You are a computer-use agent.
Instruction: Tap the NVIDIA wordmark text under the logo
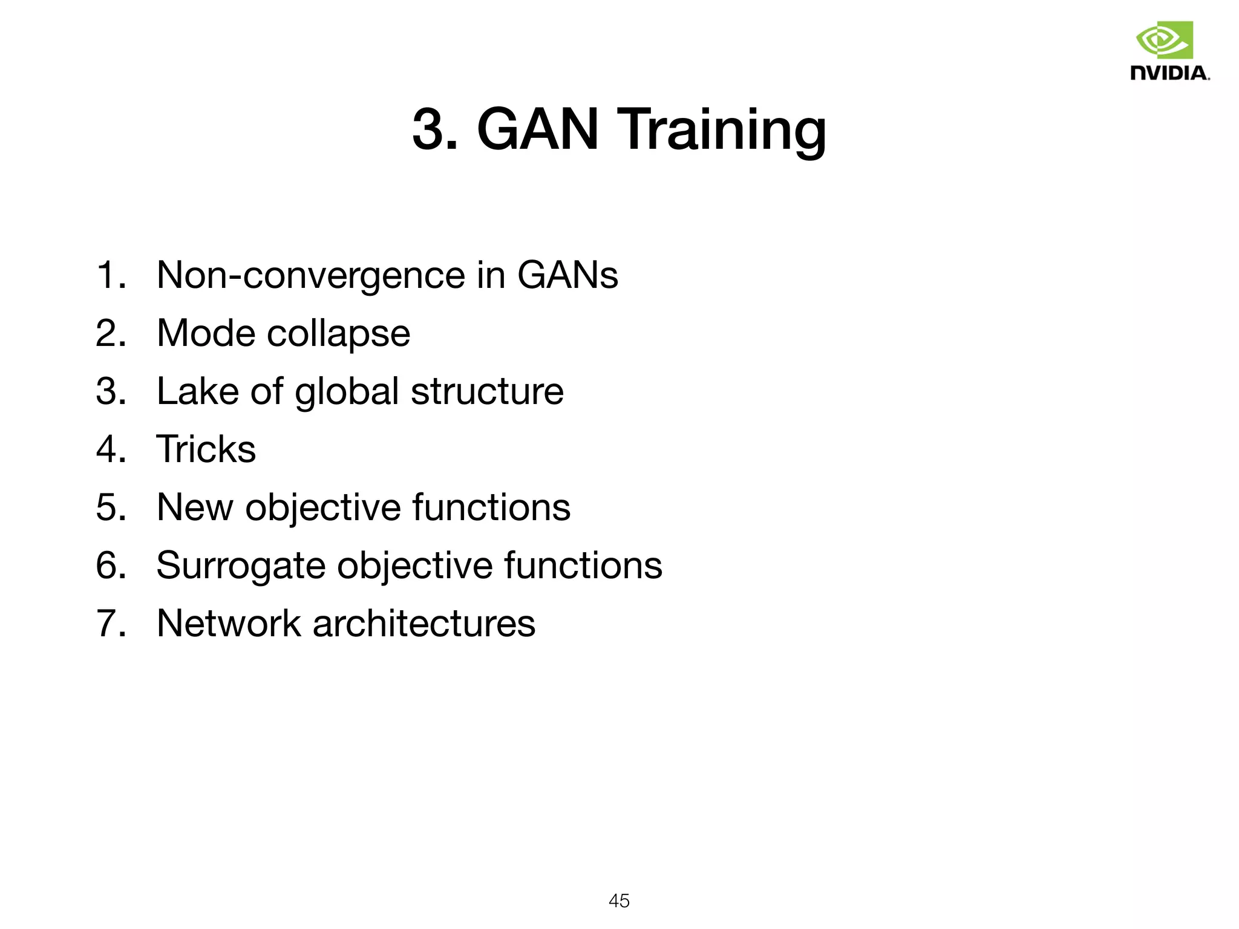1169,73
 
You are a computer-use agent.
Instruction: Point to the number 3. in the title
434,129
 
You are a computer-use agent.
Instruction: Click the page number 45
619,901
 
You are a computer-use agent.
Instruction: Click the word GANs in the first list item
567,275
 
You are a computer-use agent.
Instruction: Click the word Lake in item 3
197,391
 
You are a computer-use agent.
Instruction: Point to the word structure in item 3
487,391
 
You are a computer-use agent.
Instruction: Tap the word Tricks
206,449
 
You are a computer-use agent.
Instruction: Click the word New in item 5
194,507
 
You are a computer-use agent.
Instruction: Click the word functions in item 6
583,565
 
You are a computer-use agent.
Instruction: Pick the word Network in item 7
228,623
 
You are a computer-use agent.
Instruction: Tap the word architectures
423,623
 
